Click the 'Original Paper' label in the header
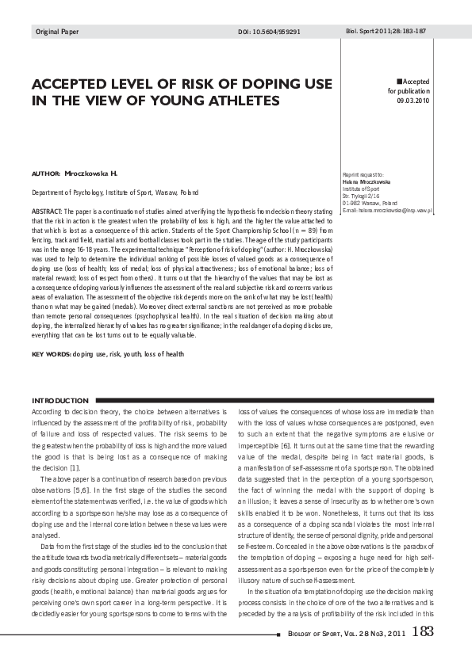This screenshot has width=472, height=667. [57, 32]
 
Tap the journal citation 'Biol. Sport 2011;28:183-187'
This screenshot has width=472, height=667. [386, 31]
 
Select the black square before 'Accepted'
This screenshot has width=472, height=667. [399, 82]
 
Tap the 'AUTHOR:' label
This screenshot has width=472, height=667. [45, 173]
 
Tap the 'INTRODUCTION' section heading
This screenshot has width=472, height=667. [59, 400]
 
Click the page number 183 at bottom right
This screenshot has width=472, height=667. [424, 631]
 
